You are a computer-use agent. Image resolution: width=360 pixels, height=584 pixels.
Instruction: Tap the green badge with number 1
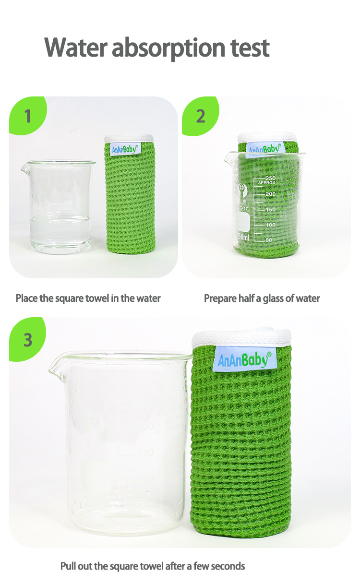pos(27,116)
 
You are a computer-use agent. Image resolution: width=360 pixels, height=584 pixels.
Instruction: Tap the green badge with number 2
pos(200,116)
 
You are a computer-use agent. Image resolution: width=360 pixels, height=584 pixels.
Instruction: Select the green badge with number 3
pos(27,339)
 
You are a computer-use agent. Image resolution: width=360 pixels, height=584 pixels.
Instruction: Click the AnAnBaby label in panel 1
pos(124,149)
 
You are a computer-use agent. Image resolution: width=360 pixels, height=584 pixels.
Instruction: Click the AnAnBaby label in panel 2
pos(264,149)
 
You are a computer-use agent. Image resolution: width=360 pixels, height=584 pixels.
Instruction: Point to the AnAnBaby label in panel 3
pos(244,360)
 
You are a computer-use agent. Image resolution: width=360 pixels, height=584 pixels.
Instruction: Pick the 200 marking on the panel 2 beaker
pos(270,194)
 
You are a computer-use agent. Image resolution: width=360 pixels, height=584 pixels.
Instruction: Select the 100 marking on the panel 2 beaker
pos(270,225)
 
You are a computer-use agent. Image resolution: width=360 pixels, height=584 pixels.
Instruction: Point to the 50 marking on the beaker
pos(268,240)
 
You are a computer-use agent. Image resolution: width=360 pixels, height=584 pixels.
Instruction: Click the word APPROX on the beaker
pos(266,183)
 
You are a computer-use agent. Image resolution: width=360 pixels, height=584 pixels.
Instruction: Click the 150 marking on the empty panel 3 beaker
pos(146,453)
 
